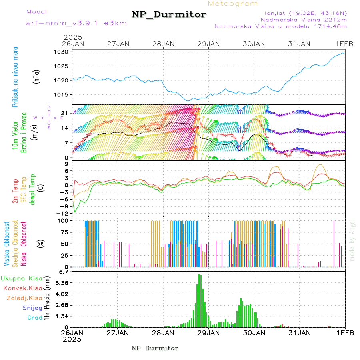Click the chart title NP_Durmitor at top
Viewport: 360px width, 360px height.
(169, 15)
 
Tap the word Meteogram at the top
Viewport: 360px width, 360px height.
(233, 4)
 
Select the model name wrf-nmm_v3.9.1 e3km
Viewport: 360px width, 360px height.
(64, 23)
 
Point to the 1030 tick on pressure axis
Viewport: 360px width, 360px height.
(64, 52)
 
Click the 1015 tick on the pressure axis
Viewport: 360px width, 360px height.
(64, 94)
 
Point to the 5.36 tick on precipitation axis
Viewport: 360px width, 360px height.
(62, 283)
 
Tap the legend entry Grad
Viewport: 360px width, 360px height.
(35, 318)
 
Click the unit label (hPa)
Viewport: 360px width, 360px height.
(37, 76)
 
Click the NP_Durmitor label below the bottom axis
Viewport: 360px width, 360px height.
(155, 348)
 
